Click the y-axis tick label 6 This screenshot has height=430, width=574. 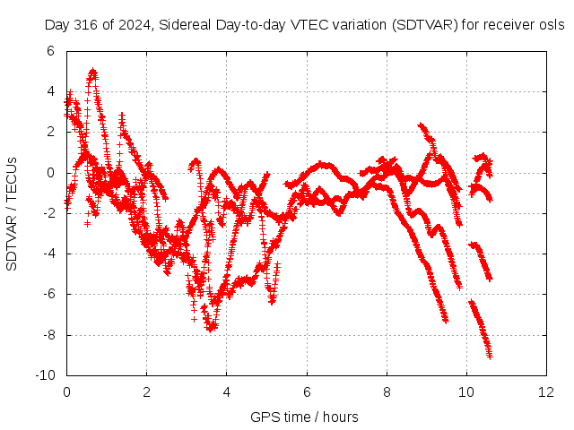pos(50,51)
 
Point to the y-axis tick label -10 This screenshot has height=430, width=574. pos(45,375)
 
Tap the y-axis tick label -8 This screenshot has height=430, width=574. pos(48,335)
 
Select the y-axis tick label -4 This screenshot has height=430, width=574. pos(48,254)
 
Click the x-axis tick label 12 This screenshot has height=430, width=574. pos(546,392)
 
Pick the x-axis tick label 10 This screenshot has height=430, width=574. pos(466,392)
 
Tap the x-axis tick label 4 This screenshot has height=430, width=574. pos(227,392)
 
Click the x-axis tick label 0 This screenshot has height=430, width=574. pos(66,392)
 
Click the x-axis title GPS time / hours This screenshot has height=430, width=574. pos(304,417)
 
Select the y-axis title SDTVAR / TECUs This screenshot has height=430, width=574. pos(12,214)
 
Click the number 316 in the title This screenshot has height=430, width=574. pos(86,25)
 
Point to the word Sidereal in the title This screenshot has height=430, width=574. pos(185,25)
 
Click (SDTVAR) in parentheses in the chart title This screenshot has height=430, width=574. pos(424,25)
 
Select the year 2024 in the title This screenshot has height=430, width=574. pos(135,25)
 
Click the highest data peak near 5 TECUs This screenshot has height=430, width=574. pos(93,70)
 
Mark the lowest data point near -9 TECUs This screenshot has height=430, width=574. pos(491,357)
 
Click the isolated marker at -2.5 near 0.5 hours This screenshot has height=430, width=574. pos(87,223)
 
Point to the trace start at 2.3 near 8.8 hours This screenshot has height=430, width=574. pos(420,125)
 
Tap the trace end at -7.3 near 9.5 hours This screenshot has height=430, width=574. pos(446,321)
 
